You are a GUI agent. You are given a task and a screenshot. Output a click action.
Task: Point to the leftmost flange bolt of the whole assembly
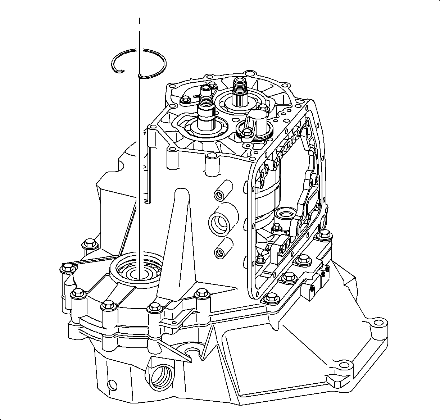pyautogui.click(x=67, y=268)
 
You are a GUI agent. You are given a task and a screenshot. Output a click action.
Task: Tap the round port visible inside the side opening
pyautogui.click(x=286, y=215)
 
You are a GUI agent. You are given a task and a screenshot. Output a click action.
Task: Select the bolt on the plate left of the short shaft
pyautogui.click(x=186, y=100)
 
